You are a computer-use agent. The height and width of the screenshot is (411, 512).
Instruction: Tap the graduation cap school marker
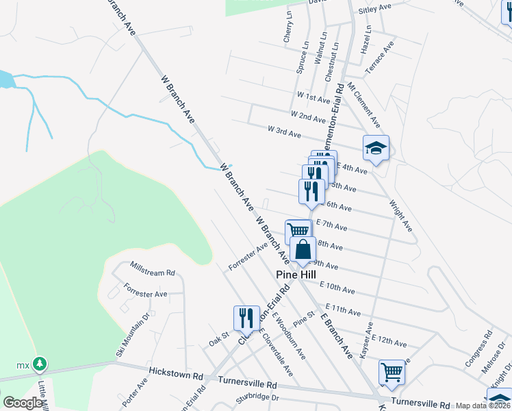375,147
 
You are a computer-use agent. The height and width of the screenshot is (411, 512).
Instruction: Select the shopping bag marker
303,251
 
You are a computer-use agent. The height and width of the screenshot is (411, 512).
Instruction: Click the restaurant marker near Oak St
246,318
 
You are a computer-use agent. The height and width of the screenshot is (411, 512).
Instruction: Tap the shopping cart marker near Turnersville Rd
392,373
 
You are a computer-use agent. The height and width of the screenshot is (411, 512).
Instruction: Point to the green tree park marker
40,362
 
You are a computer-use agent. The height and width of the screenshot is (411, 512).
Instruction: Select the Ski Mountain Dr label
133,335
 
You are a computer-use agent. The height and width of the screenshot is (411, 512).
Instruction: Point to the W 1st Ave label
313,97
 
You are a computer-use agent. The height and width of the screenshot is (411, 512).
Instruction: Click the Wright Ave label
400,215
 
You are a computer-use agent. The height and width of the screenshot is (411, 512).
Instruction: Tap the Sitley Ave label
374,8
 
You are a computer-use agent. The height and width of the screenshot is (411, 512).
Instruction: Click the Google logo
23,403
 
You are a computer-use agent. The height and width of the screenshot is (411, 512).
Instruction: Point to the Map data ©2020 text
483,406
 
